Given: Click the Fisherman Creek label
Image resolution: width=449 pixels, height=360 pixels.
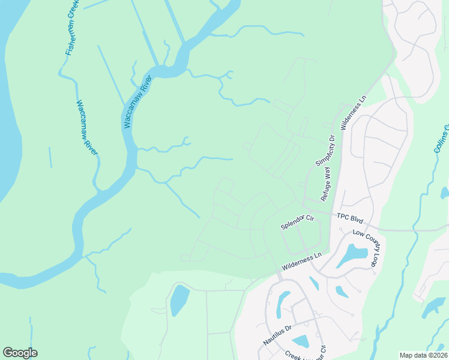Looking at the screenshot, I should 72,28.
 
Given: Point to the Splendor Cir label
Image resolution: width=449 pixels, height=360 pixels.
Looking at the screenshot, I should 298,223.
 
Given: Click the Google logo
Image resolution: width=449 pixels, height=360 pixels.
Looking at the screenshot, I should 20,353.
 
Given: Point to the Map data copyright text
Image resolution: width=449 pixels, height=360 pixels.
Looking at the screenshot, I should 423,355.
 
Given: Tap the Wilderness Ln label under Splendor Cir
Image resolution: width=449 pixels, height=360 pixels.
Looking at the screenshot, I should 302,262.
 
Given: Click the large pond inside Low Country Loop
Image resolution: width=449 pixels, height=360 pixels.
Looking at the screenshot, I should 352,256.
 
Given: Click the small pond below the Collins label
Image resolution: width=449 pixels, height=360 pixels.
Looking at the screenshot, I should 444,193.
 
